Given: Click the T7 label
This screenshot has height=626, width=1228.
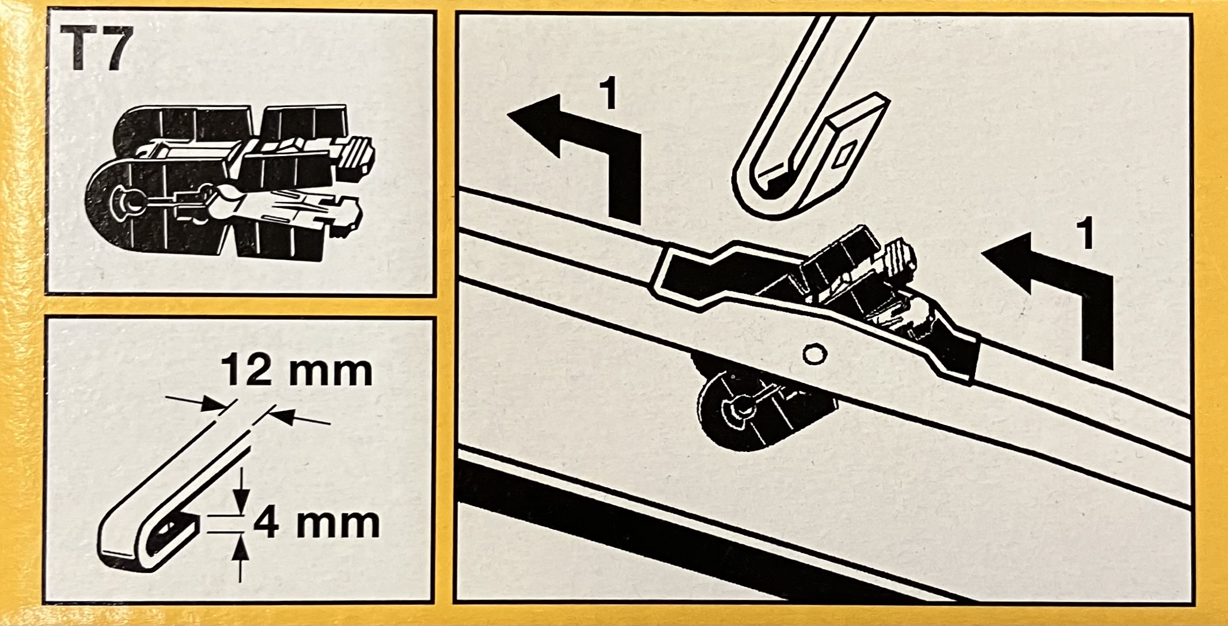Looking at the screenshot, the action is click(99, 51).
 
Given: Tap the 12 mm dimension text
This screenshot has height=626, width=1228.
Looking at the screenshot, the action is click(297, 371).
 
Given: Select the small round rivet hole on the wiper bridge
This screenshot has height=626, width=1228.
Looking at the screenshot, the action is click(812, 354).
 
